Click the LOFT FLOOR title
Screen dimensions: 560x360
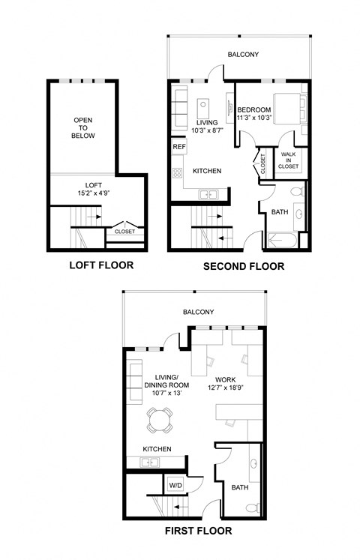click(101, 265)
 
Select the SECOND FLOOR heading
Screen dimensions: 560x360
click(244, 266)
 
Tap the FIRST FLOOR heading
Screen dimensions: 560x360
click(197, 531)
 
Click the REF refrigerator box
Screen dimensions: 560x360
click(178, 147)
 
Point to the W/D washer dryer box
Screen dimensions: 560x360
click(175, 484)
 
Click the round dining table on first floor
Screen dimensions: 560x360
click(158, 420)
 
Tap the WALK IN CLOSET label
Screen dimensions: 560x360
click(289, 160)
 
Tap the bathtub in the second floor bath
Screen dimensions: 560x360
click(280, 241)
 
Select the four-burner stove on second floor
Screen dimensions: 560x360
click(178, 173)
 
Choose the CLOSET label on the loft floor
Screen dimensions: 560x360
click(124, 232)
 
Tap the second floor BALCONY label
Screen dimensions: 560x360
click(244, 54)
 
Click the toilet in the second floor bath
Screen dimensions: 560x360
click(298, 193)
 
